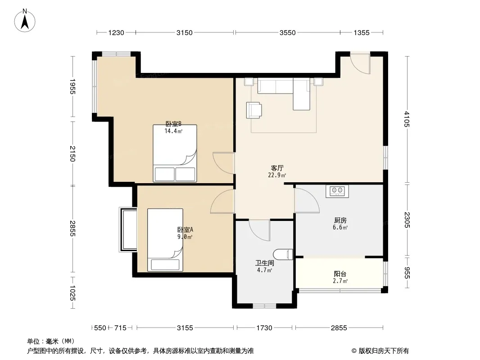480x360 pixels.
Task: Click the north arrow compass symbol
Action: [25, 21]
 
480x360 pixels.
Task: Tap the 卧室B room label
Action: [173, 124]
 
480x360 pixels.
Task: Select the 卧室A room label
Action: [185, 229]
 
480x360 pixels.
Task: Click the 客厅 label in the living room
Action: [277, 168]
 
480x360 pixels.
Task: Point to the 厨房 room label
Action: [340, 220]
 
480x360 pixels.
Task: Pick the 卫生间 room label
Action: [265, 263]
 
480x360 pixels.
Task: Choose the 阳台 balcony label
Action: [340, 274]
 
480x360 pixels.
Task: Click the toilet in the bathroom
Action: [283, 255]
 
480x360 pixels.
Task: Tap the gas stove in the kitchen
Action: [337, 191]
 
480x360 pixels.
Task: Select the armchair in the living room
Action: [254, 110]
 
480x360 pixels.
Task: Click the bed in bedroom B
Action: [175, 153]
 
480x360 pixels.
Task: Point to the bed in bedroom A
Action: [165, 240]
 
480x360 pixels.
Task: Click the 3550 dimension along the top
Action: [287, 33]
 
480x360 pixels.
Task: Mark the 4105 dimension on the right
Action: [407, 119]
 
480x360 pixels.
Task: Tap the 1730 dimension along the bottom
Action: [264, 328]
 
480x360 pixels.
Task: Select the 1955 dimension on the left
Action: [72, 86]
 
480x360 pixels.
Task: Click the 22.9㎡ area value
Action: [277, 175]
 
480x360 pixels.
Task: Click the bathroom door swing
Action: [259, 230]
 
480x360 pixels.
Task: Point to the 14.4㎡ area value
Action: [173, 131]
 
